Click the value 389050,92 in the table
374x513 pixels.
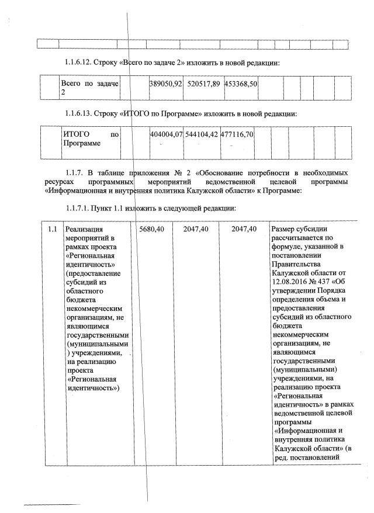[x=167, y=84]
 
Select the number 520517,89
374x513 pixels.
[x=204, y=84]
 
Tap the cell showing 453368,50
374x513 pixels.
[x=239, y=84]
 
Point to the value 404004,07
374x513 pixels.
[x=167, y=134]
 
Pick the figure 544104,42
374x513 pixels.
[x=201, y=134]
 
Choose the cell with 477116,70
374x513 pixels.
[x=237, y=134]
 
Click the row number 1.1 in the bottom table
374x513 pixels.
[x=53, y=228]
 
